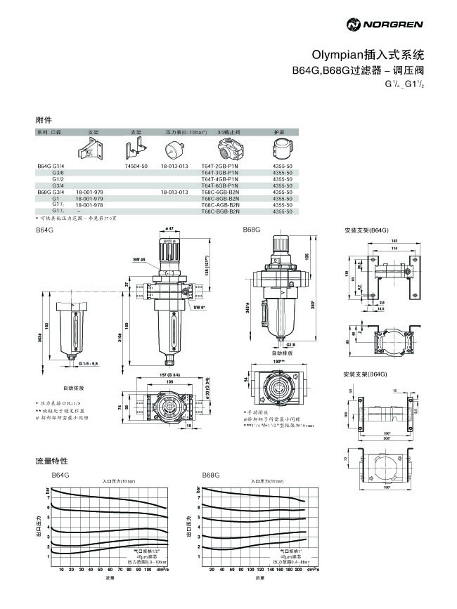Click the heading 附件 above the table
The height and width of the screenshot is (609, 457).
(43, 120)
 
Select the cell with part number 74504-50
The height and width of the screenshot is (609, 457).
(136, 166)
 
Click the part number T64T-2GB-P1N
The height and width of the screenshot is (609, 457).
(219, 166)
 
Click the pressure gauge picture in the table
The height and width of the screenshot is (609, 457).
(173, 149)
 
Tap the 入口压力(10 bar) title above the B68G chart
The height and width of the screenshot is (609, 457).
(266, 481)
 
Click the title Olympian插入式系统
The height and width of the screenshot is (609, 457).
(368, 53)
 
